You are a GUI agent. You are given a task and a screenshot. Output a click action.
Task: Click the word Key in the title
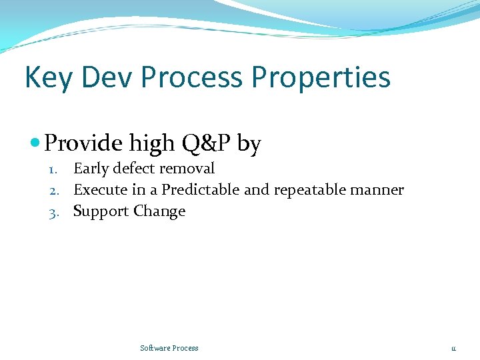(x=49, y=77)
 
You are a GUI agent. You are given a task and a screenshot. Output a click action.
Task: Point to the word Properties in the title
(x=321, y=77)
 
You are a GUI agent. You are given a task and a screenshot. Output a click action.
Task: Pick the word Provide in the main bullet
(x=84, y=143)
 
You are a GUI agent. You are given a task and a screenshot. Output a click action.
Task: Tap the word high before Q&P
(x=151, y=143)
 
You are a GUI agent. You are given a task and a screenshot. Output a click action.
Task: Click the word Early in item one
(x=91, y=169)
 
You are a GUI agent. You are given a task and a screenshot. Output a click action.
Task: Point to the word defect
(x=135, y=168)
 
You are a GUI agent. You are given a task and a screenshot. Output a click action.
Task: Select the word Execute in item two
(x=100, y=190)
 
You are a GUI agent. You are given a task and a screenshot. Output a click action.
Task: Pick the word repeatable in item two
(x=307, y=190)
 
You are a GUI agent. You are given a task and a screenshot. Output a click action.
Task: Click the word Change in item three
(x=159, y=211)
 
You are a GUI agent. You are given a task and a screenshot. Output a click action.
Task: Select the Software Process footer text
(x=169, y=348)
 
